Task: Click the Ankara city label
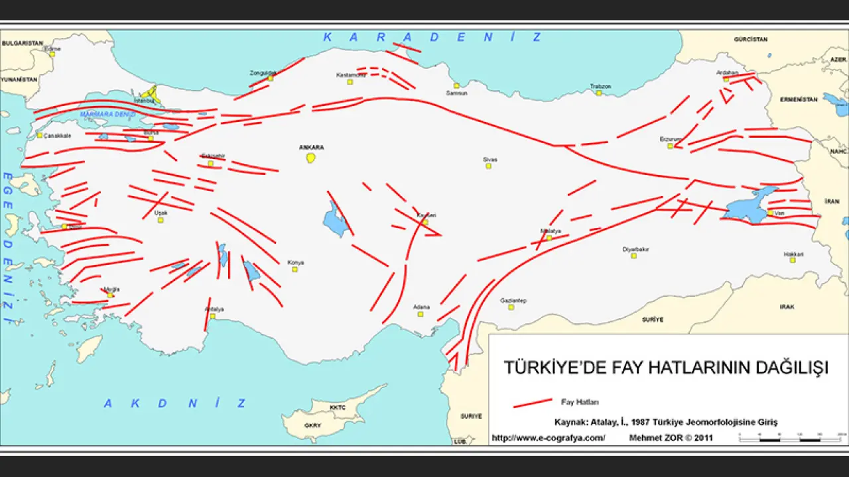[x=311, y=147]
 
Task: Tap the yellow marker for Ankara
[x=310, y=158]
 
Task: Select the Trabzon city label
[x=600, y=86]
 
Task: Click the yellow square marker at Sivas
[x=488, y=166]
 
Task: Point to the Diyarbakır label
[x=635, y=249]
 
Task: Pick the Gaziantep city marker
[x=511, y=307]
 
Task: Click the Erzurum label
[x=671, y=138]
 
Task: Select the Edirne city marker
[x=52, y=54]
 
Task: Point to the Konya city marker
[x=294, y=269]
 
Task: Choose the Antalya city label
[x=214, y=309]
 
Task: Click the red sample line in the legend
[x=533, y=402]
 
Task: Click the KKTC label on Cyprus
[x=338, y=407]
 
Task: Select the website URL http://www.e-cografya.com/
[x=548, y=438]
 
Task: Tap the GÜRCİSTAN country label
[x=750, y=40]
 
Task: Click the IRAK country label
[x=787, y=307]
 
